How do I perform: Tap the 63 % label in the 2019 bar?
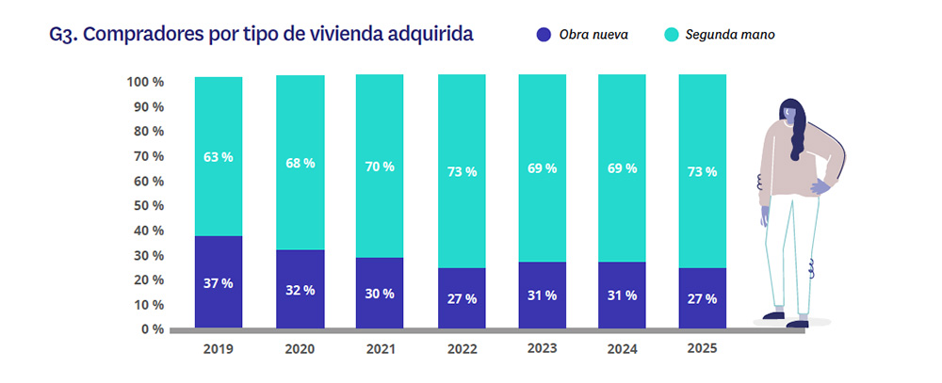click(219, 157)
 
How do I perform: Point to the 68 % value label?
click(300, 163)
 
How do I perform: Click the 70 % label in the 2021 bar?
click(380, 167)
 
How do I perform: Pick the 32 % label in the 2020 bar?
click(300, 289)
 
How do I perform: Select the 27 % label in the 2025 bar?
click(702, 298)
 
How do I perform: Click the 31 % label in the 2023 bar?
click(542, 295)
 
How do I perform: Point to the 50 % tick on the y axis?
click(145, 205)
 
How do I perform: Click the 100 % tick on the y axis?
click(145, 82)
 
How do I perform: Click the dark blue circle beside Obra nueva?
click(543, 35)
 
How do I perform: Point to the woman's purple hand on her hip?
click(818, 188)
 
